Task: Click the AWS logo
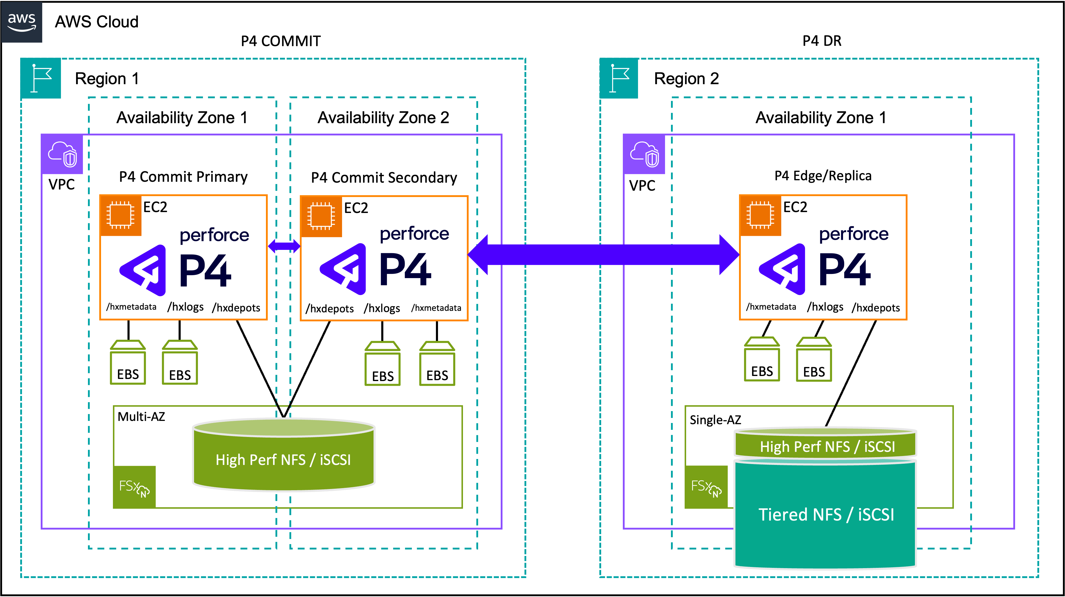(22, 22)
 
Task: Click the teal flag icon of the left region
(41, 78)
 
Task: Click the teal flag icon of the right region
(619, 78)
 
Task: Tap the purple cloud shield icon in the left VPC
(62, 154)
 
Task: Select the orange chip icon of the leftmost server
(121, 216)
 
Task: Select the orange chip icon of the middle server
(321, 216)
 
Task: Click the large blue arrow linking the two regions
(604, 254)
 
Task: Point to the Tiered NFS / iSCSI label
(826, 515)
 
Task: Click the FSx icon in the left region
(134, 487)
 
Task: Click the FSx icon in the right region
(706, 487)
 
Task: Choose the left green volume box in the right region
(762, 359)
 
